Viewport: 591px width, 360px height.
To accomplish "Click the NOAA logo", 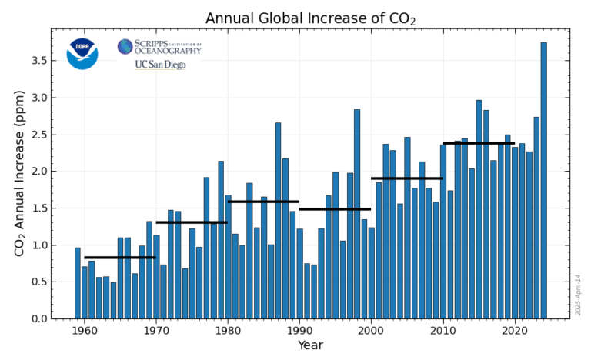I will click(82, 53).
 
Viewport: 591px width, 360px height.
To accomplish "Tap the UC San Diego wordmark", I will click(160, 65).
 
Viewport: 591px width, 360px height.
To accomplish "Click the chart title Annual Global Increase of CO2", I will click(310, 18).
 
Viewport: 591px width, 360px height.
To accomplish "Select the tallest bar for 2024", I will click(543, 180).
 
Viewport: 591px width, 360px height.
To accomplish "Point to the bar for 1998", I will click(357, 214).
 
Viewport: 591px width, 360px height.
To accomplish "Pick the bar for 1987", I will click(278, 220).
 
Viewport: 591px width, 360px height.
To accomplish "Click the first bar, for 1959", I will click(77, 283).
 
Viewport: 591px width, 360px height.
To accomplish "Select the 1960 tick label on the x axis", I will click(85, 332).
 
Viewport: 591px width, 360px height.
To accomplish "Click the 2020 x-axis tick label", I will click(514, 332).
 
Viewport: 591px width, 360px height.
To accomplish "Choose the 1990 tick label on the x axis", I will click(299, 332).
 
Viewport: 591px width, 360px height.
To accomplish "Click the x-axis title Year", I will click(310, 346).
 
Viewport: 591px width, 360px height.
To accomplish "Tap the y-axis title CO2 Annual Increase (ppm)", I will click(19, 173).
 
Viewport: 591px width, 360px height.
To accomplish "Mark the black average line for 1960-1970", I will click(120, 258).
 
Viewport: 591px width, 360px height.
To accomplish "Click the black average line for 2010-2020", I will click(479, 143).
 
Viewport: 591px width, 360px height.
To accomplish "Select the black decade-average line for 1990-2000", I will click(335, 209).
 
